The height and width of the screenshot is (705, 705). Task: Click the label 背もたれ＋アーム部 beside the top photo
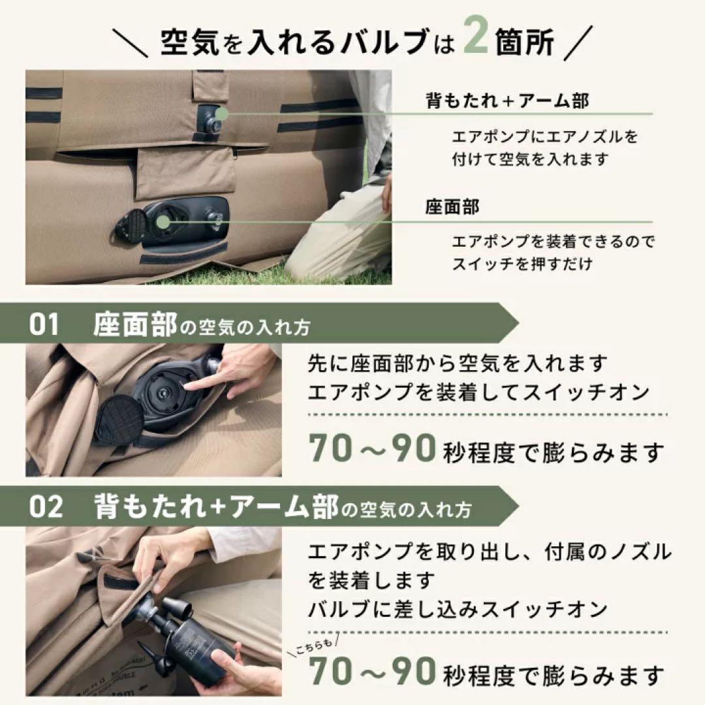pyautogui.click(x=507, y=101)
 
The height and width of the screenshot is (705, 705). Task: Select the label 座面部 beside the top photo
pyautogui.click(x=452, y=208)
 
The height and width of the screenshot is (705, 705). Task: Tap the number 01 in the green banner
pyautogui.click(x=44, y=324)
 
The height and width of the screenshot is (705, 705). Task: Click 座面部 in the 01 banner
pyautogui.click(x=135, y=324)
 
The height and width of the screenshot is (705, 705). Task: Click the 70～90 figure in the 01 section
pyautogui.click(x=372, y=449)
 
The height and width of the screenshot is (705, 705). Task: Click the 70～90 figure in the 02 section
pyautogui.click(x=372, y=671)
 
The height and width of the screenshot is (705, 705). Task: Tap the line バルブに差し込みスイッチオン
pyautogui.click(x=458, y=608)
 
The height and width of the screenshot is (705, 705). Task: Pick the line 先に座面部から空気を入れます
pyautogui.click(x=458, y=363)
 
